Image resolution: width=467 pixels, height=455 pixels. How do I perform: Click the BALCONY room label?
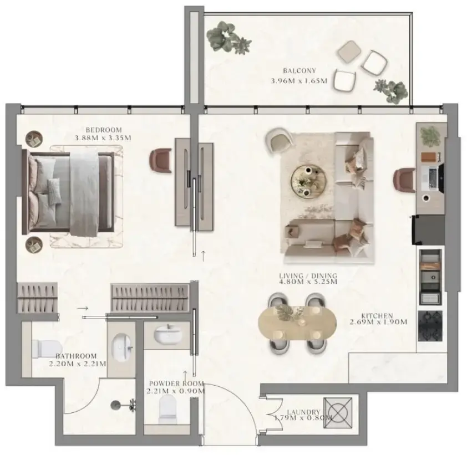[299, 70]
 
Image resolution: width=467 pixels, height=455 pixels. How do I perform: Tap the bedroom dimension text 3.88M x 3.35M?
[103, 138]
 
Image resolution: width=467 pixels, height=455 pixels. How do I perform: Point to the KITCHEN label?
[379, 315]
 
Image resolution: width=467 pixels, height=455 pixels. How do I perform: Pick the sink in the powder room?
[166, 335]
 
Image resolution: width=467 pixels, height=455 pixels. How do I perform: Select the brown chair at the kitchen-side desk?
[404, 180]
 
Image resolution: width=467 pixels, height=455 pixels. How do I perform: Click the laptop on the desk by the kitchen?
[431, 177]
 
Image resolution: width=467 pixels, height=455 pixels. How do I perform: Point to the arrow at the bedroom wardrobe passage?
[83, 308]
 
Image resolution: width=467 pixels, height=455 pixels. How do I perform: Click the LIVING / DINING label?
[309, 275]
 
